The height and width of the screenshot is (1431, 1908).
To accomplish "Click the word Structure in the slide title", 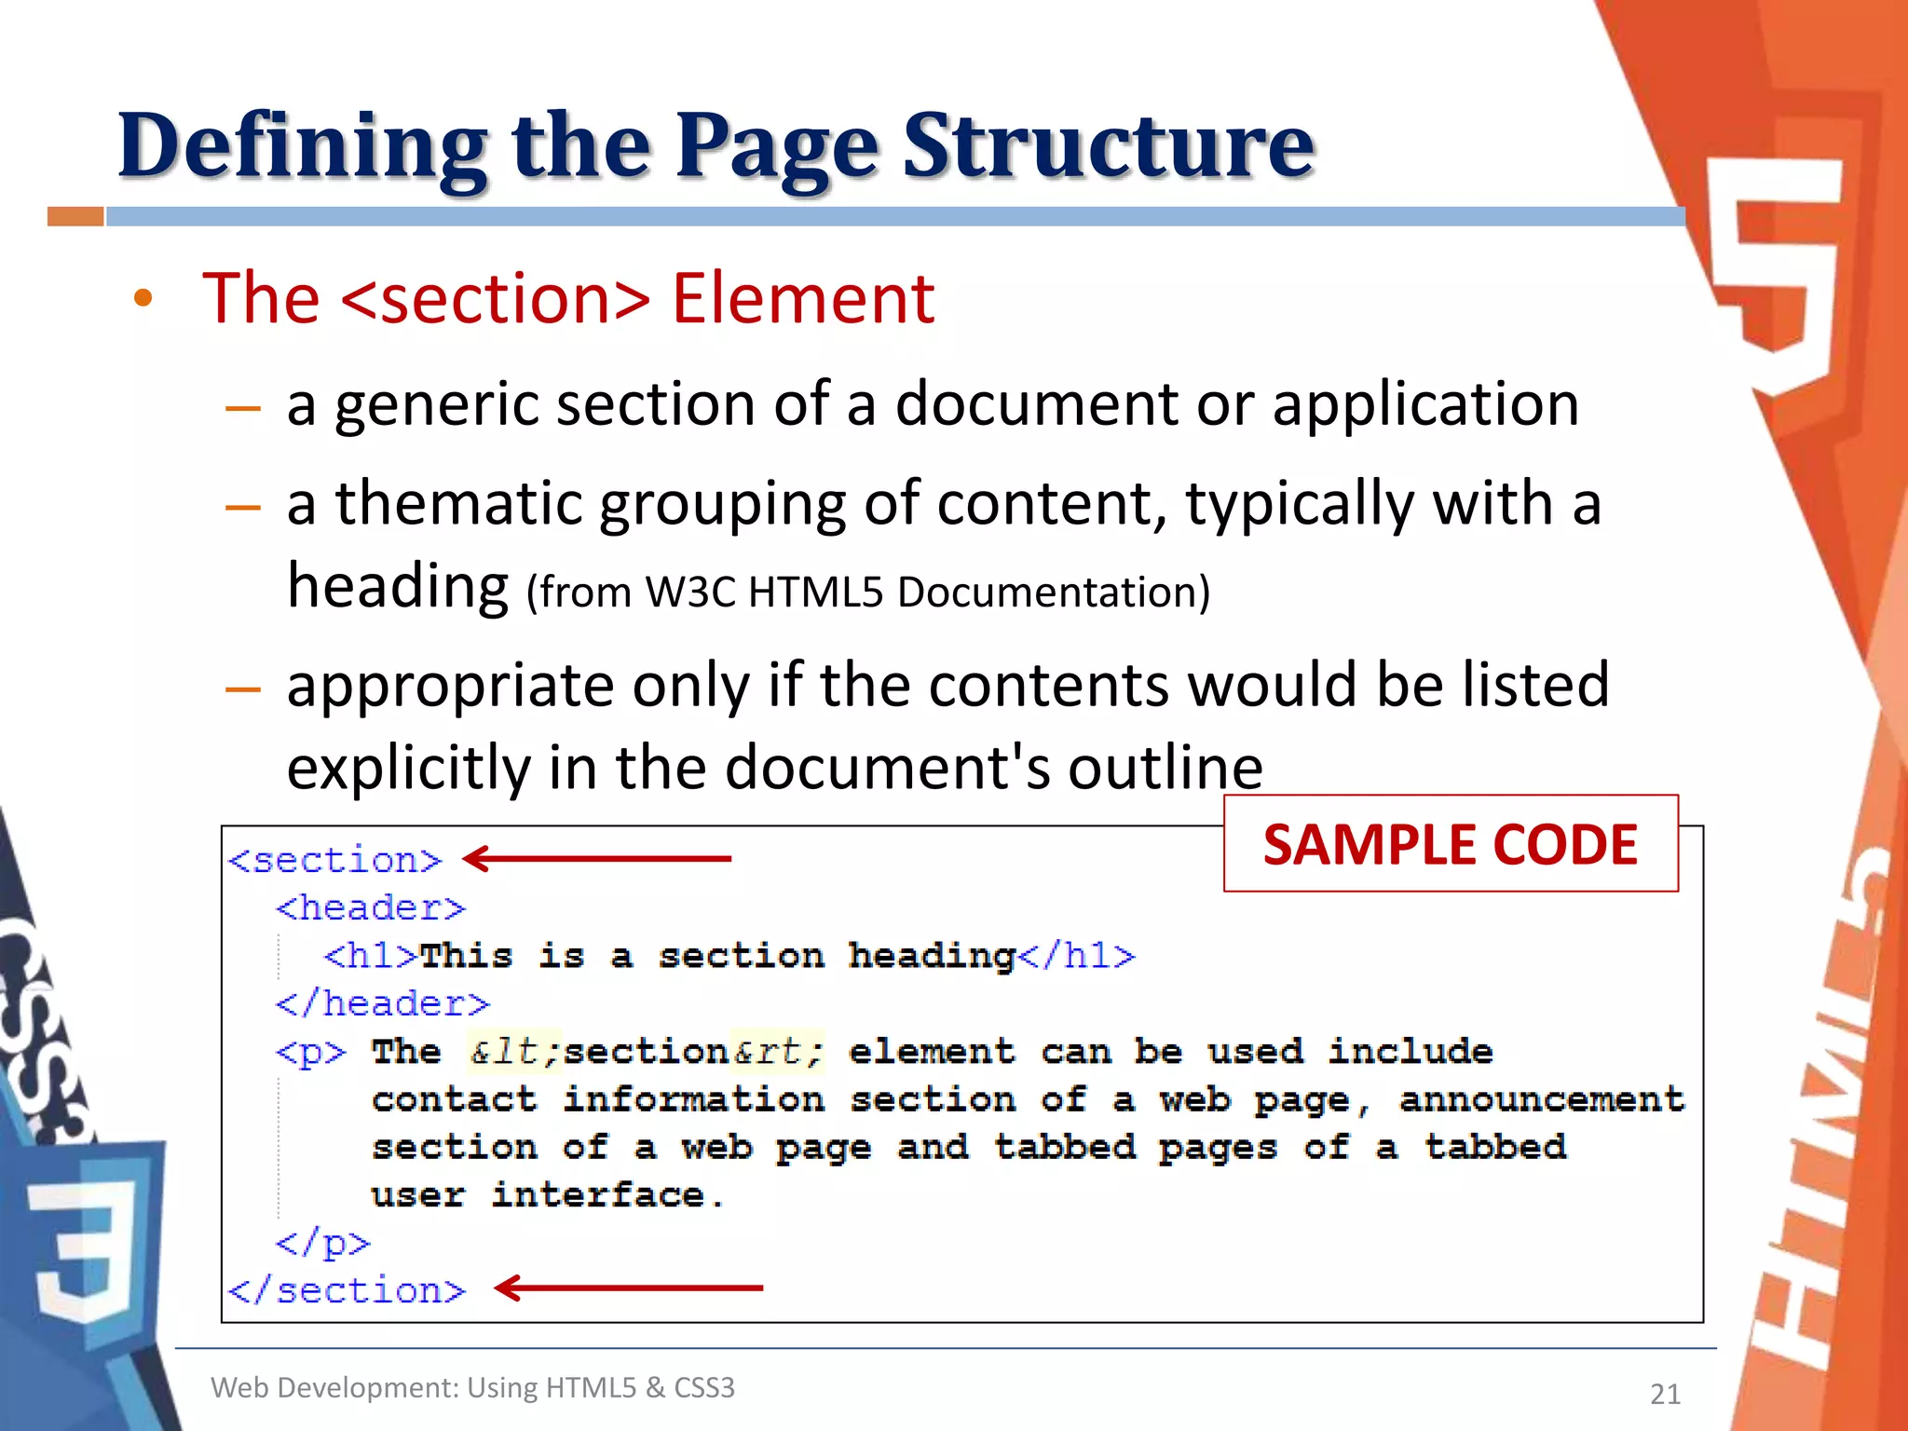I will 1109,147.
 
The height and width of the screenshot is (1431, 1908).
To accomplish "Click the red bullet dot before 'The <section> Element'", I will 143,299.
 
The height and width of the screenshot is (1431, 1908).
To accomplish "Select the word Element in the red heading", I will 803,299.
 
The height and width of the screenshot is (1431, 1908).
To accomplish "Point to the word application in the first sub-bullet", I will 1425,406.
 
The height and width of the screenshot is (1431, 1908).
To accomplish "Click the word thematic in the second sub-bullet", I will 458,504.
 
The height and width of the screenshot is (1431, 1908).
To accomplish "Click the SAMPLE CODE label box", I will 1450,844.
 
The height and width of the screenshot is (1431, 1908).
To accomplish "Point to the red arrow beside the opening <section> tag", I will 597,858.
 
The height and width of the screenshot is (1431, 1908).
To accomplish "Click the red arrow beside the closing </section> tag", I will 629,1288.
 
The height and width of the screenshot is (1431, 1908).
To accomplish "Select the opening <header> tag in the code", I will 370,908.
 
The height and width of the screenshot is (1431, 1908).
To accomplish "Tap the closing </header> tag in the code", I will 382,1004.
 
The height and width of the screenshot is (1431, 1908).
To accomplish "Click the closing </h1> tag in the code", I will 1077,957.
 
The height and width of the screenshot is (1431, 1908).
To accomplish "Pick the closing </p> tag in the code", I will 322,1243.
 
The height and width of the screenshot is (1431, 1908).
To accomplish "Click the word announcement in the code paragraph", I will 1542,1100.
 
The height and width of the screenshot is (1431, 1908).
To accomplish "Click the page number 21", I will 1665,1394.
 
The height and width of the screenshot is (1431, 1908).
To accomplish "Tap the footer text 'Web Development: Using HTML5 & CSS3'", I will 472,1388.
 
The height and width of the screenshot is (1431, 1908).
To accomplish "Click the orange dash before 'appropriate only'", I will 242,689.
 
